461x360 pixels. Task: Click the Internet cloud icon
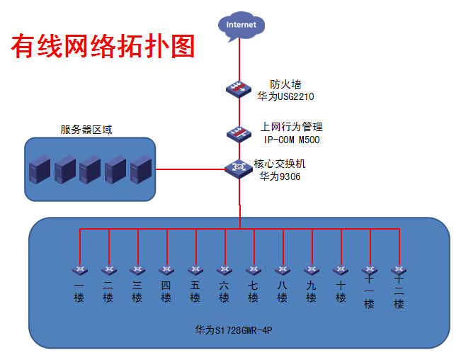click(241, 26)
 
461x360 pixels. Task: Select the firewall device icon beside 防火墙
click(239, 89)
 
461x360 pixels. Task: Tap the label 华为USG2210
click(285, 96)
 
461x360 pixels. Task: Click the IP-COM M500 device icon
click(239, 134)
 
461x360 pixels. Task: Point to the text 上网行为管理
click(291, 127)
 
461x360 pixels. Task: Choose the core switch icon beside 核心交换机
click(239, 169)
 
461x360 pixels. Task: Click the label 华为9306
click(280, 176)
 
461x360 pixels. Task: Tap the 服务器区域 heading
click(86, 130)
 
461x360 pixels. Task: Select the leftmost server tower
click(40, 169)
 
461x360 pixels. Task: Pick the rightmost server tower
click(141, 169)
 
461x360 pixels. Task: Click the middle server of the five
click(90, 169)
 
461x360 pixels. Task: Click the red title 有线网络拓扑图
click(103, 47)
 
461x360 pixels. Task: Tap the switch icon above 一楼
click(80, 270)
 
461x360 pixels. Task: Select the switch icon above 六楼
click(224, 270)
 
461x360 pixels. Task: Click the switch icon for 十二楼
click(399, 270)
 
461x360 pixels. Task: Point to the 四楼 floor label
click(166, 291)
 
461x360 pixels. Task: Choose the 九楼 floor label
click(312, 291)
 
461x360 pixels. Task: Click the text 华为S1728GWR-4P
click(234, 330)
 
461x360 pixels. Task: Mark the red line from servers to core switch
click(190, 169)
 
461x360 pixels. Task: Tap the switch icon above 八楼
click(283, 270)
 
